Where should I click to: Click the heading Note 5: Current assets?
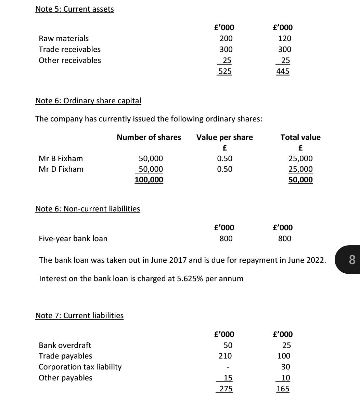click(75, 9)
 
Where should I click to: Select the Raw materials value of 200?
click(226, 38)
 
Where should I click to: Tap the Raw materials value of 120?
click(285, 38)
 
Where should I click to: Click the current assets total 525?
click(225, 71)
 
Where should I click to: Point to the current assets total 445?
click(283, 71)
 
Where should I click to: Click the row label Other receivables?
click(70, 60)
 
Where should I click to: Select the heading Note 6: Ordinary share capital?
click(88, 101)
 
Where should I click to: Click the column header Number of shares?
click(149, 137)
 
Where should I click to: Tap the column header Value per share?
click(224, 137)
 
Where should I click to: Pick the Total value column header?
click(300, 137)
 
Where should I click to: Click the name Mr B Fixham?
click(61, 158)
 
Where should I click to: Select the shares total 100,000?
click(149, 180)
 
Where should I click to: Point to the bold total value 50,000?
click(300, 180)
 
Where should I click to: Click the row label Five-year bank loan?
click(73, 238)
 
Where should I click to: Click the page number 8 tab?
click(352, 260)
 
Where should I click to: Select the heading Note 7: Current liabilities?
click(79, 315)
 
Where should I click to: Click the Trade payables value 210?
click(225, 356)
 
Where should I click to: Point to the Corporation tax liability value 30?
click(285, 367)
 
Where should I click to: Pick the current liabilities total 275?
click(226, 389)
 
